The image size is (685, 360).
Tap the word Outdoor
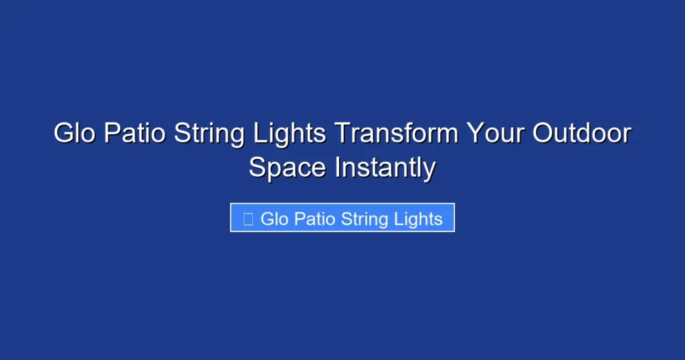pos(581,134)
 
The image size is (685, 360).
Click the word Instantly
pos(385,168)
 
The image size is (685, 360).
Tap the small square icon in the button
pos(248,219)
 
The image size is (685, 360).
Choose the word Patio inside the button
pos(314,219)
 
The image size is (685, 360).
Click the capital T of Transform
pos(341,134)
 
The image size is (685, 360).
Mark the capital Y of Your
pos(474,134)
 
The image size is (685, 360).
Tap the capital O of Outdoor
pos(543,134)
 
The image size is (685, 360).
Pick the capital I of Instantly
pos(338,167)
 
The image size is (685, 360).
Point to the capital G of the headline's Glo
pos(63,134)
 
